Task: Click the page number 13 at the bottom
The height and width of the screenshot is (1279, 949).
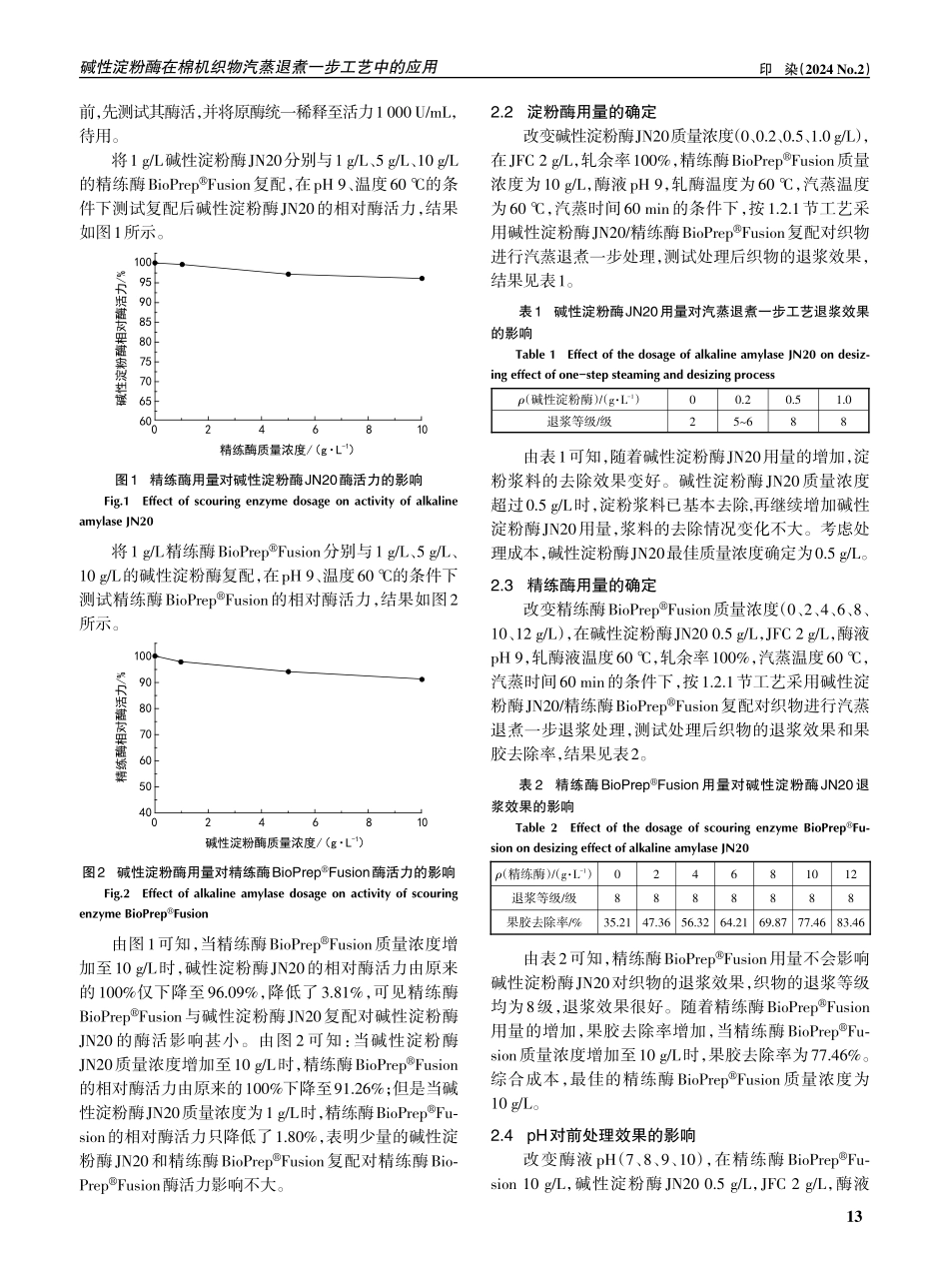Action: [x=853, y=1216]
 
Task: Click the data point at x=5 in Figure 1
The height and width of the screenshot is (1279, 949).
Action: [x=288, y=274]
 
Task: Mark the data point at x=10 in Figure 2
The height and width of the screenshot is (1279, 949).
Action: [x=422, y=679]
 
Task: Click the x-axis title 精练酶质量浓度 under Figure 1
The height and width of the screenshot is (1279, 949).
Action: [x=287, y=450]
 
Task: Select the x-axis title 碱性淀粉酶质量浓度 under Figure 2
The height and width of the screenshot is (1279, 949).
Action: [x=287, y=841]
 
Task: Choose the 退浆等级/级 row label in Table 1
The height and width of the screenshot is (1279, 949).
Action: [x=578, y=421]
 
